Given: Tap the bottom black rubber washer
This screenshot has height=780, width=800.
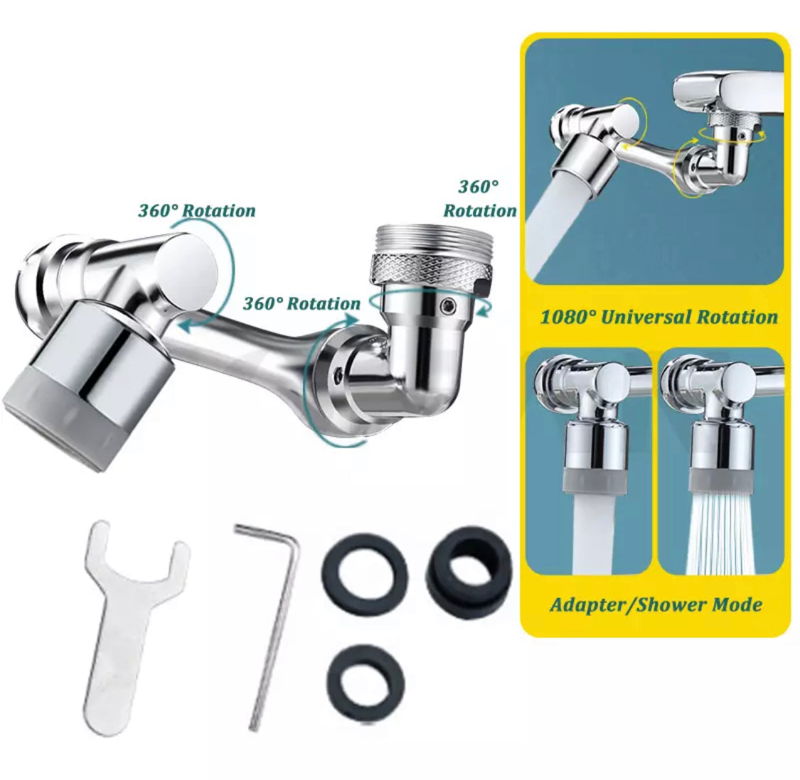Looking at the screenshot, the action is point(366,681).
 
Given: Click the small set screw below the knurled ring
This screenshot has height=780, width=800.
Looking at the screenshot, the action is point(449,305).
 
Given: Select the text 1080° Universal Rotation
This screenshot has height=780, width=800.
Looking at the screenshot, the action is point(658,317).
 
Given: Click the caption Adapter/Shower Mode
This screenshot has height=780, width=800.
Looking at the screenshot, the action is point(656,605).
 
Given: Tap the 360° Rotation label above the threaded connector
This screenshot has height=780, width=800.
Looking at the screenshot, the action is point(479,198).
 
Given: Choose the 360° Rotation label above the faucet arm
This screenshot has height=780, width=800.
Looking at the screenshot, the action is point(301,303).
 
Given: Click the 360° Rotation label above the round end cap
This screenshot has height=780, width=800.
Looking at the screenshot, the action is point(197,210).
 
